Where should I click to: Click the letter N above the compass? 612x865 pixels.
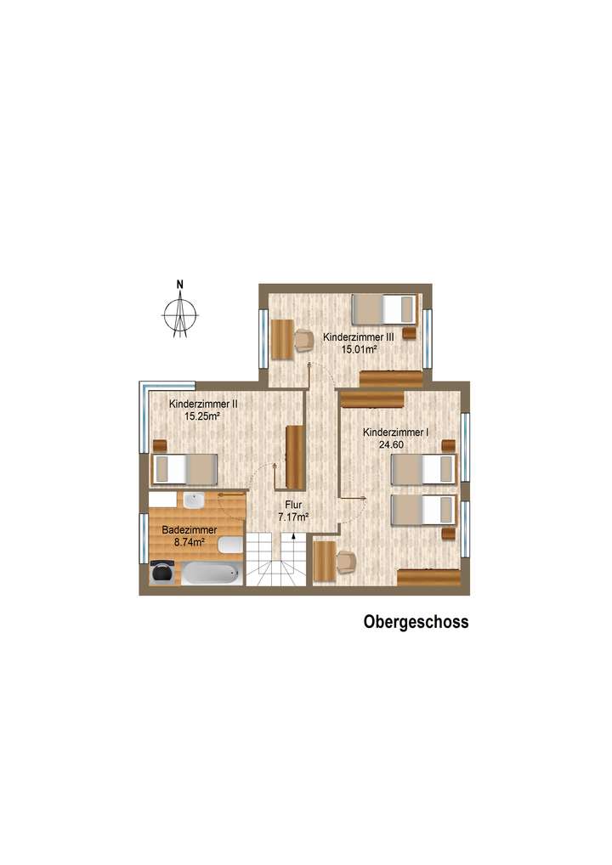[180, 285]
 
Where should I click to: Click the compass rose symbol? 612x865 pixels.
[180, 315]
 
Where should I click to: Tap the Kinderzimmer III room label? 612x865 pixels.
[356, 337]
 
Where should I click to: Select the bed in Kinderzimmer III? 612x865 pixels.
[383, 308]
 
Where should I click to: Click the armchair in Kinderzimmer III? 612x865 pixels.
[304, 339]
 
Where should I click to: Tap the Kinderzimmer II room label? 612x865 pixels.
[202, 404]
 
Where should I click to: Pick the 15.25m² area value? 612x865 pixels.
[202, 416]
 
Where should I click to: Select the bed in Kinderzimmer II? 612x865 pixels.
[184, 468]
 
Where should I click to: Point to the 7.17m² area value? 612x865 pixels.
[293, 515]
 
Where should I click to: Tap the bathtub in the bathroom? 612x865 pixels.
[210, 574]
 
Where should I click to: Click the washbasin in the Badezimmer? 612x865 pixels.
[193, 500]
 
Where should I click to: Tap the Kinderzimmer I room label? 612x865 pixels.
[395, 432]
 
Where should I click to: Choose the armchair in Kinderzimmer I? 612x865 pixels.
[346, 561]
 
